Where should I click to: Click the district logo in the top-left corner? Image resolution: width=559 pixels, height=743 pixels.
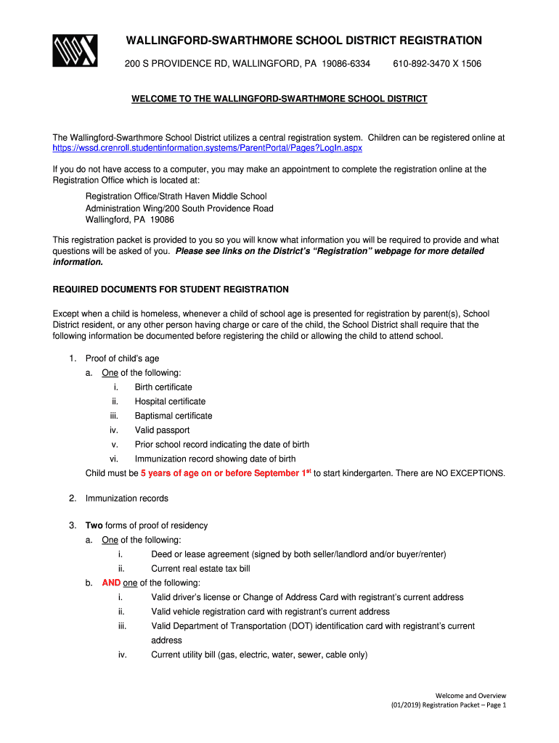[x=75, y=51]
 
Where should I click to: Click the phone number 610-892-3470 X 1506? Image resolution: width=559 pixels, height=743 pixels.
[x=437, y=64]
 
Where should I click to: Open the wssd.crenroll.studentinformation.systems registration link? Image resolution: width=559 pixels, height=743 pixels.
[x=208, y=148]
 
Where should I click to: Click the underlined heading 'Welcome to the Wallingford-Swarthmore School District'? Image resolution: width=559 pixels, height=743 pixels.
[x=279, y=99]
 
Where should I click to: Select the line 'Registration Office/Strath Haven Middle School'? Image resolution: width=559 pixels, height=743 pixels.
[x=176, y=197]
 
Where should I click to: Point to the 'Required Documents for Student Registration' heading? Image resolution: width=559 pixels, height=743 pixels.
[x=171, y=290]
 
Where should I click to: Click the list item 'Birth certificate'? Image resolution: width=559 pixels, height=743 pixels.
[x=163, y=387]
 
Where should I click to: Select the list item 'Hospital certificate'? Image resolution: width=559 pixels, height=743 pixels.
[x=170, y=402]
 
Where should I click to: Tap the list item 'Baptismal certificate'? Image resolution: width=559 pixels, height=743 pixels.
[x=174, y=416]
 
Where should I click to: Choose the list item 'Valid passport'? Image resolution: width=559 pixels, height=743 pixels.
[x=162, y=430]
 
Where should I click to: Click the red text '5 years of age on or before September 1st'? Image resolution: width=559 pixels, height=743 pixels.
[x=226, y=473]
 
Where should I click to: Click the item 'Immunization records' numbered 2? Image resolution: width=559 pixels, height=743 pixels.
[x=127, y=498]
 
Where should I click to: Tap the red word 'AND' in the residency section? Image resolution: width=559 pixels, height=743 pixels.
[x=111, y=583]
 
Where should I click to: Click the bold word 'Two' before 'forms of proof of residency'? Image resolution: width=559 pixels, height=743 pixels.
[x=94, y=525]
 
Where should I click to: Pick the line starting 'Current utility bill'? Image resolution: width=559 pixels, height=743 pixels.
[x=259, y=654]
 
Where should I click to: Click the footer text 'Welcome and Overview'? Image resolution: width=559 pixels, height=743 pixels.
[x=471, y=695]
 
